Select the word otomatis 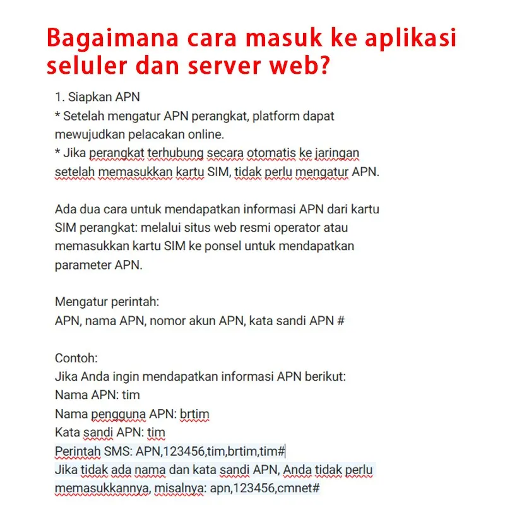(247, 153)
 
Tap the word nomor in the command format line (170, 321)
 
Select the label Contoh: (76, 358)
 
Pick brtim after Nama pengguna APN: (194, 414)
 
